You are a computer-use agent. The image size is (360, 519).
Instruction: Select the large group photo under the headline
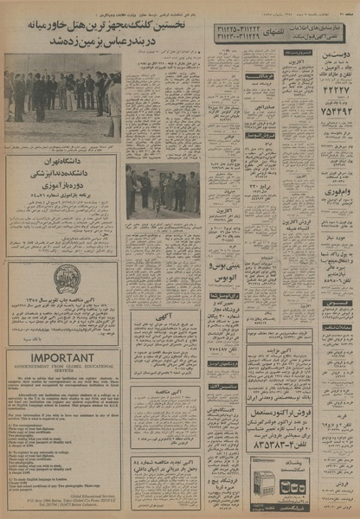[x=61, y=96]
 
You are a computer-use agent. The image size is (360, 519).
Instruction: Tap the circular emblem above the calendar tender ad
[x=66, y=279]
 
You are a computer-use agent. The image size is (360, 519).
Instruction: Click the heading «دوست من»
[x=337, y=54]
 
